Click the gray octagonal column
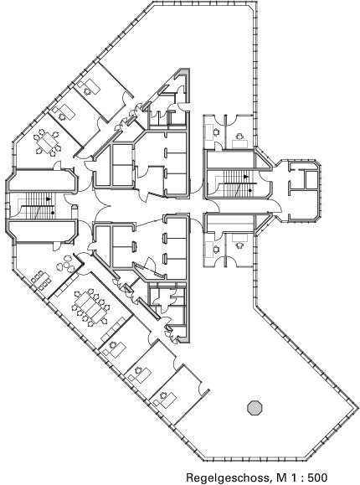tap(255, 408)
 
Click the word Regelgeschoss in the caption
tap(227, 477)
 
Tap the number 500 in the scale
tap(316, 477)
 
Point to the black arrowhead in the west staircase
tap(49, 199)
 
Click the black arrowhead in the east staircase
tap(246, 177)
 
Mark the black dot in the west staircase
tap(53, 213)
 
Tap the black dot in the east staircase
tap(249, 190)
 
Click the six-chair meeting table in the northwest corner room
tap(47, 142)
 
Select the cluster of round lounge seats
tap(65, 266)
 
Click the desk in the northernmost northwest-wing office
tap(92, 86)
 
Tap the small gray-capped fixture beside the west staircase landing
tap(75, 211)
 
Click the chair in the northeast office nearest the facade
tap(239, 136)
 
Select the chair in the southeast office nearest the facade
tap(239, 245)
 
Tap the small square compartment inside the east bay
tap(311, 180)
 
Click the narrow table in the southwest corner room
tap(41, 279)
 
